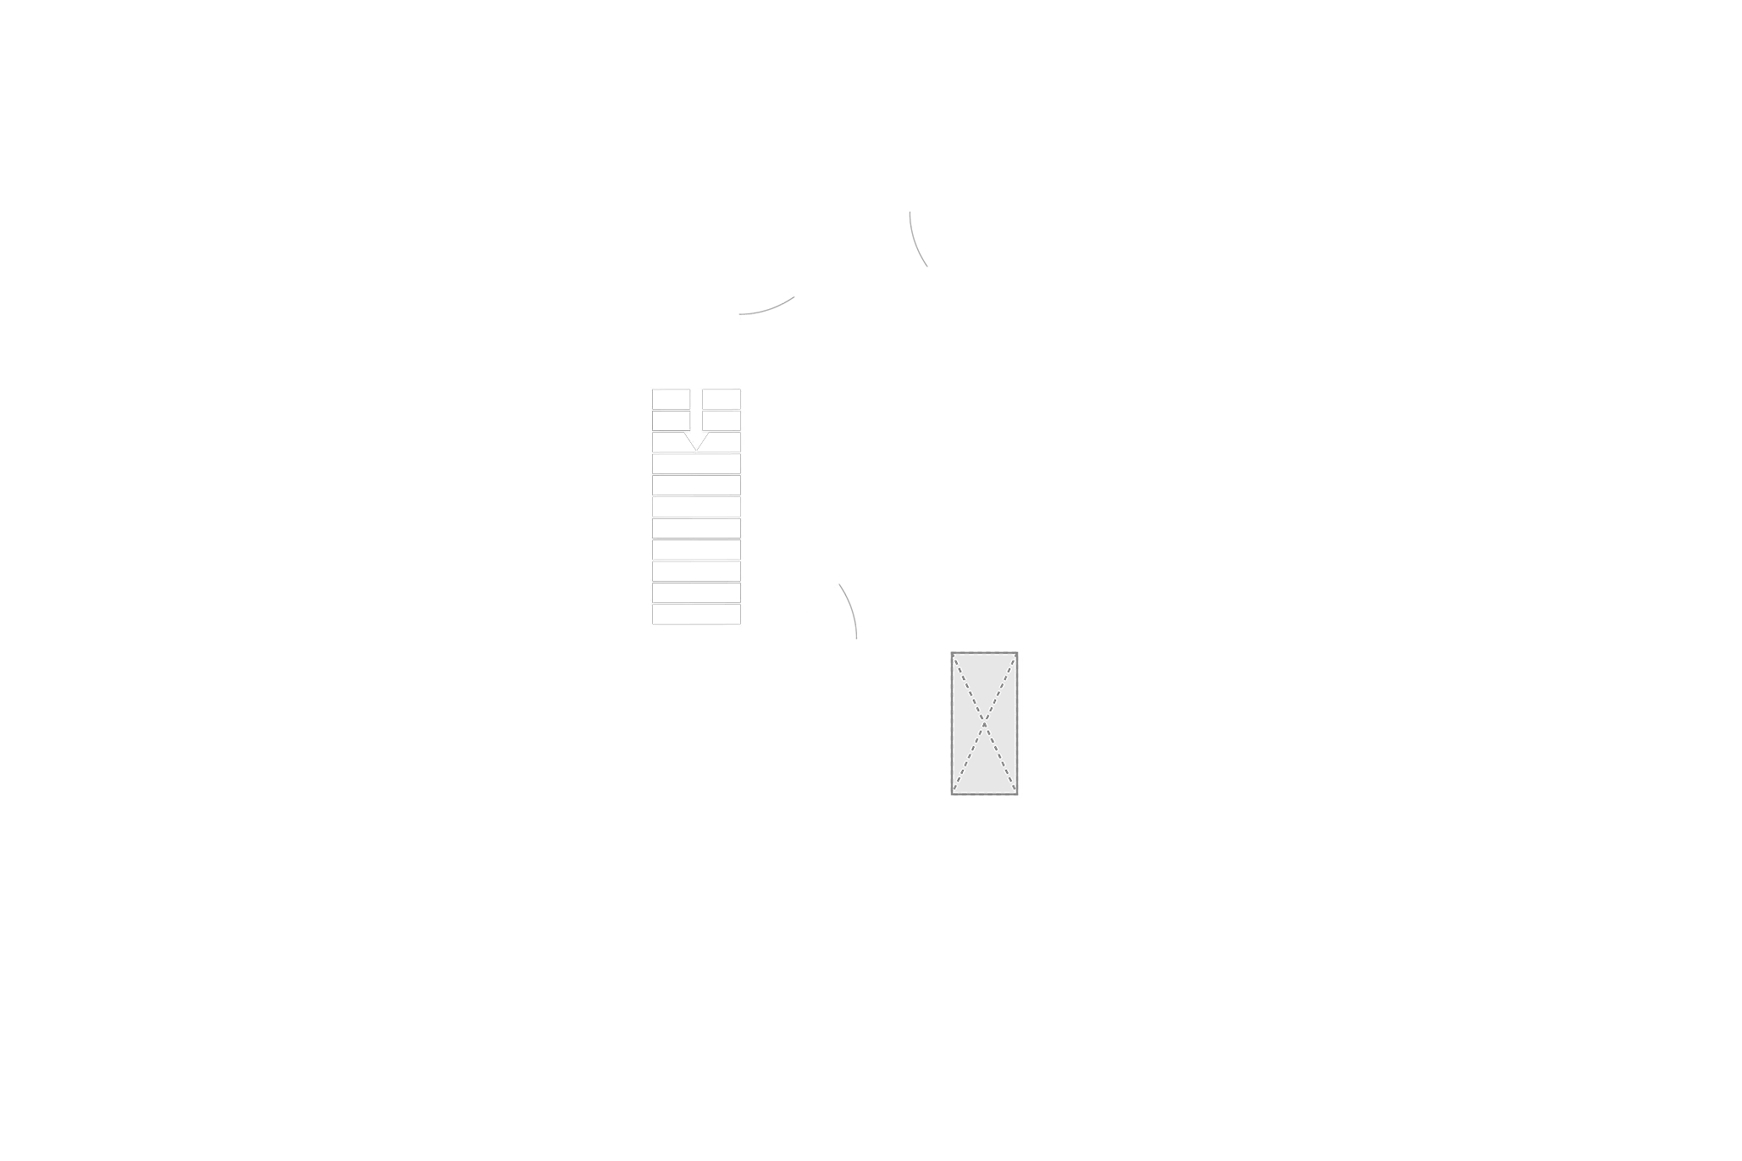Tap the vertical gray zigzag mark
pyautogui.click(x=918, y=241)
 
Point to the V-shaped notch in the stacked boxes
pyautogui.click(x=696, y=442)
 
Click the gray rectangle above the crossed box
pyautogui.click(x=982, y=636)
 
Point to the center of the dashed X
pyautogui.click(x=983, y=722)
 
